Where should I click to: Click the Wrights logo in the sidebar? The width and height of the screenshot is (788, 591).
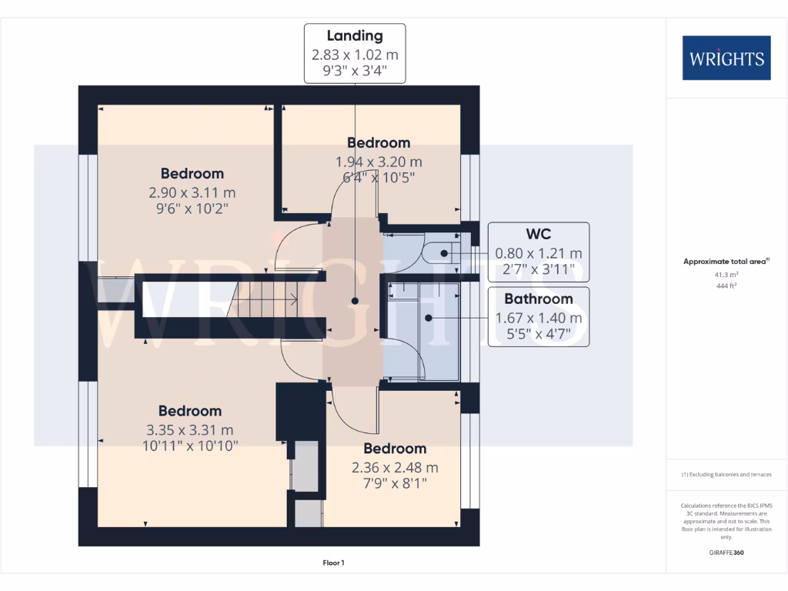point(726,58)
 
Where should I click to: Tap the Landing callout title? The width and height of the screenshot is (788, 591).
point(355,35)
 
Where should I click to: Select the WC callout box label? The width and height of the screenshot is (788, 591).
point(539,234)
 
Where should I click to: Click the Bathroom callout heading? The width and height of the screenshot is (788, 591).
point(539,299)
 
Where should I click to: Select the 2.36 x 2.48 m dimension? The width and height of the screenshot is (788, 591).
point(395,467)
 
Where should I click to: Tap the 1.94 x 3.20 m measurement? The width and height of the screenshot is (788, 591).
point(379,162)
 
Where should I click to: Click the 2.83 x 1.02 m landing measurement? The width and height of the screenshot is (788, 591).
point(355,55)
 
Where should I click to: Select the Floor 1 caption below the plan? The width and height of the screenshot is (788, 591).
point(333,563)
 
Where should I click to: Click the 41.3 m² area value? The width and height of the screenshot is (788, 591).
point(726,274)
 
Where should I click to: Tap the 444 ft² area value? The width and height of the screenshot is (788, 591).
point(726,285)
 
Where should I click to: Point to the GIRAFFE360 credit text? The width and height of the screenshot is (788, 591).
point(726,553)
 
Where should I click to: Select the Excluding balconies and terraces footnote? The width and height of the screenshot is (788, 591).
point(726,475)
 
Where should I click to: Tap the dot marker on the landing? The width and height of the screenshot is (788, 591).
point(355,301)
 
